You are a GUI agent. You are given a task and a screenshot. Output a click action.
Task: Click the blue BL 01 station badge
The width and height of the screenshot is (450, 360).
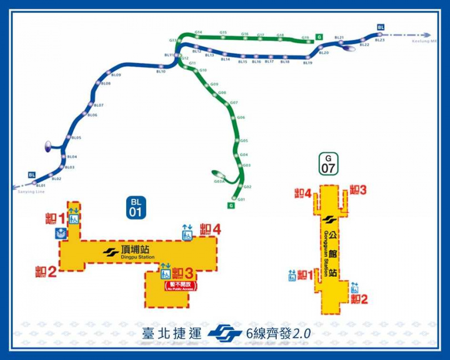point(136,207)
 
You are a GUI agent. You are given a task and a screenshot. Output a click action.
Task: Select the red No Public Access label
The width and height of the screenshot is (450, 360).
point(179,286)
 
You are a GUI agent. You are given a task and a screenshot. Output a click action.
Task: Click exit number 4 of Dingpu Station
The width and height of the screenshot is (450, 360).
point(211,229)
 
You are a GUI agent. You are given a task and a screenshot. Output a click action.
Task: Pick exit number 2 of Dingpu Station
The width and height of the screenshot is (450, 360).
point(46,272)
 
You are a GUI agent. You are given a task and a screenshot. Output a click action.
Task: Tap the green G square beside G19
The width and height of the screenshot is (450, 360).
point(318,37)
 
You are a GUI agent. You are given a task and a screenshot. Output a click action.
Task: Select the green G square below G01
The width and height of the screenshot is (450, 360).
point(230,206)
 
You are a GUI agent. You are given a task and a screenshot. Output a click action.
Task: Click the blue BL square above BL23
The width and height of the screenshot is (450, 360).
point(381,27)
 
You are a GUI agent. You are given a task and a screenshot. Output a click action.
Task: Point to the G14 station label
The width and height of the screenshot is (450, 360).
point(198,32)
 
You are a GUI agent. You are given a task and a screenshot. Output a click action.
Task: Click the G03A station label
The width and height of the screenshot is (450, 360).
point(219,181)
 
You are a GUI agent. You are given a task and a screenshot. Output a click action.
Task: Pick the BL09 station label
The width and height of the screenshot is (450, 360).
point(116,74)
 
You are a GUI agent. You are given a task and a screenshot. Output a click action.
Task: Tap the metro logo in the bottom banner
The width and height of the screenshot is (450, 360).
point(225,333)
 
